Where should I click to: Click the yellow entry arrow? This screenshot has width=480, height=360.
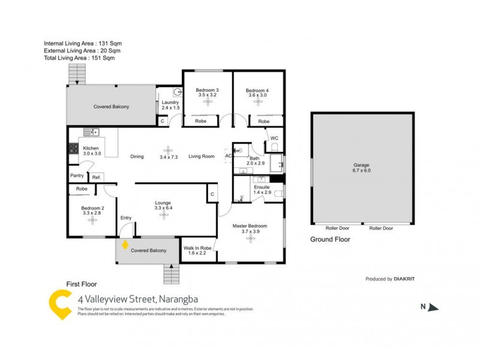pos(125,244)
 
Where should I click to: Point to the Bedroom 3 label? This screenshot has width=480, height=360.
pos(206,91)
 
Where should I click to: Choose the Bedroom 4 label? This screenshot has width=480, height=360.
pos(257,91)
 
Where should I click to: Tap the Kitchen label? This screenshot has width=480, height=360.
pos(91,148)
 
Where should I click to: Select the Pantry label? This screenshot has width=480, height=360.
pos(77,176)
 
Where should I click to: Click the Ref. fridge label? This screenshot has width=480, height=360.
pos(96,177)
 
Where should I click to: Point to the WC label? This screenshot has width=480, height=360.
pos(275,139)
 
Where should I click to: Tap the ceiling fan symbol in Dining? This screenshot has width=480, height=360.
pos(168,150)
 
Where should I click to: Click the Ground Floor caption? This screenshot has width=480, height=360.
pos(330,239)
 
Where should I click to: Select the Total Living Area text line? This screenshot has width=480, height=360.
pos(79,58)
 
